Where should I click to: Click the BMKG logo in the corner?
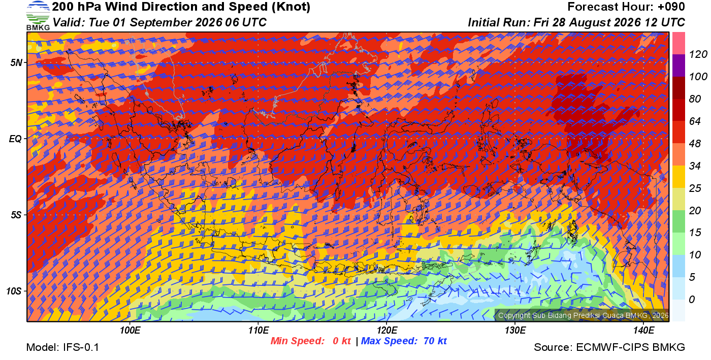[38, 16]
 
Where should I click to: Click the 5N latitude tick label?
[16, 63]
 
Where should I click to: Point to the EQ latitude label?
[15, 139]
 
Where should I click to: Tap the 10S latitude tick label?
[14, 291]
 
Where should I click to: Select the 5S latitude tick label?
[16, 215]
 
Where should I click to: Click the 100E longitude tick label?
[130, 331]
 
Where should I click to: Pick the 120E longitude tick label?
[387, 331]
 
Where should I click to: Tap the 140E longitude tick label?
[643, 331]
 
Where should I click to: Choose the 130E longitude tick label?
[515, 331]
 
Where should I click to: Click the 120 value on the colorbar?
[698, 55]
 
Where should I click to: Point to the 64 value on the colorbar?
[695, 121]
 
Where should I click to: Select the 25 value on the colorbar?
[695, 188]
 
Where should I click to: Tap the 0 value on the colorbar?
[692, 300]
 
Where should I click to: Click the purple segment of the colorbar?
[678, 66]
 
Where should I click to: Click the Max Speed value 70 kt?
[435, 341]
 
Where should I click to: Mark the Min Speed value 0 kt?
[341, 341]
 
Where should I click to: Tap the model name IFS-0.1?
[81, 347]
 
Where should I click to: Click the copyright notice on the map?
[583, 315]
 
